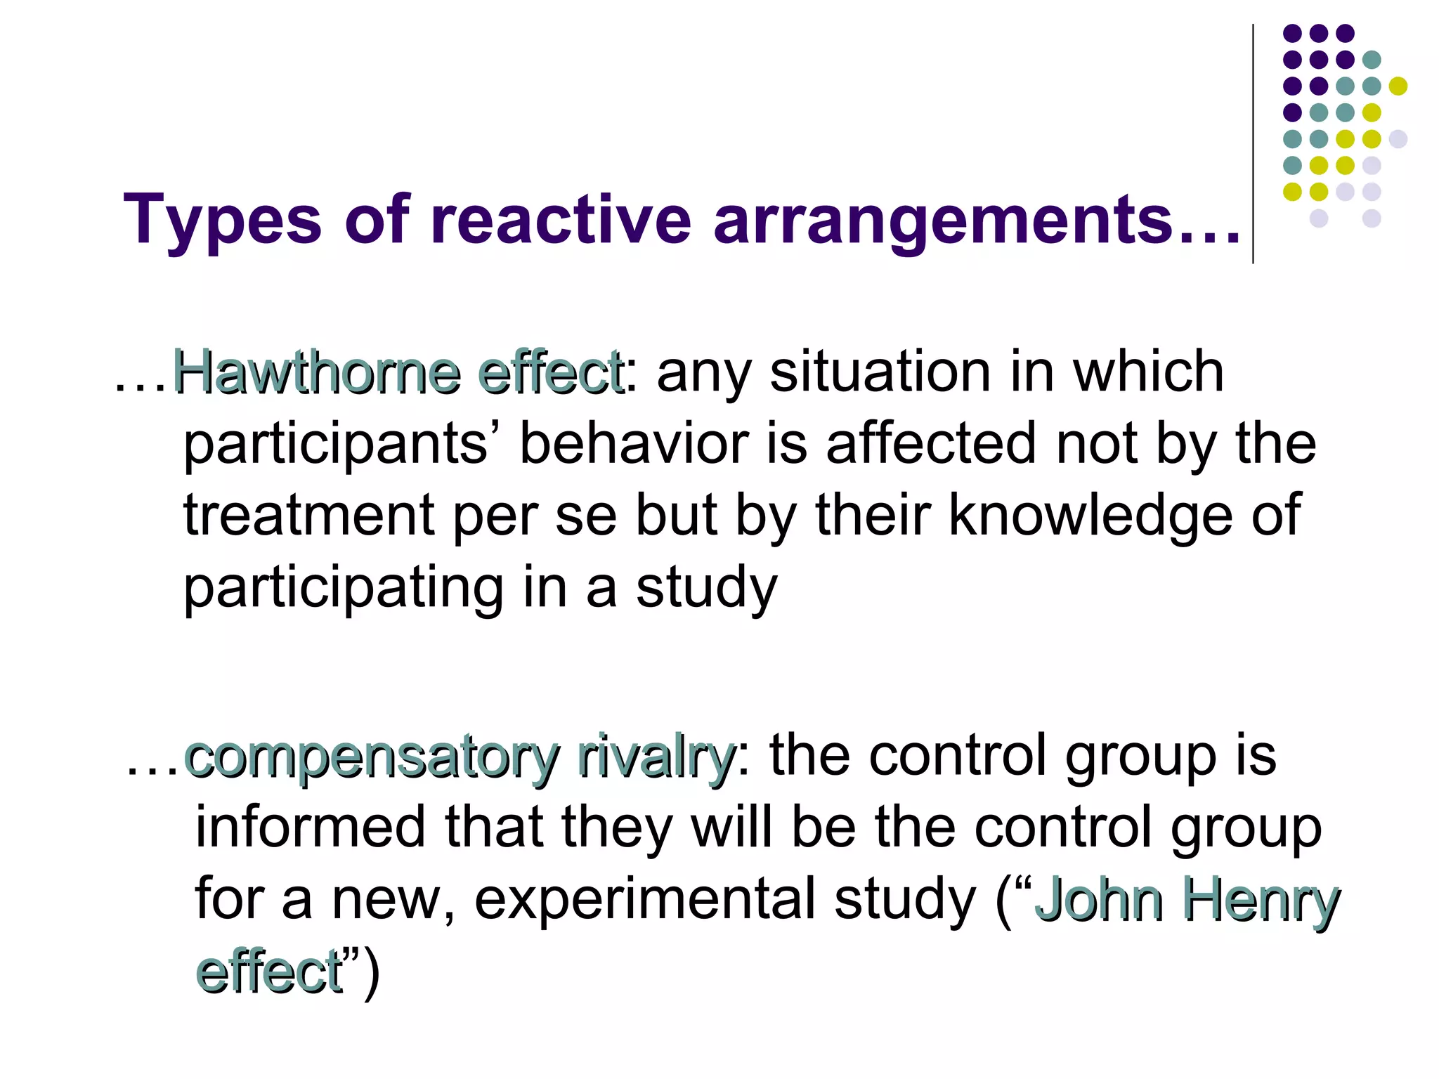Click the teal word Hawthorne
click(316, 372)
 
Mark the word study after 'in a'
click(707, 589)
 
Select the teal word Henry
click(1261, 901)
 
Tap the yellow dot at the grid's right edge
click(1398, 86)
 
